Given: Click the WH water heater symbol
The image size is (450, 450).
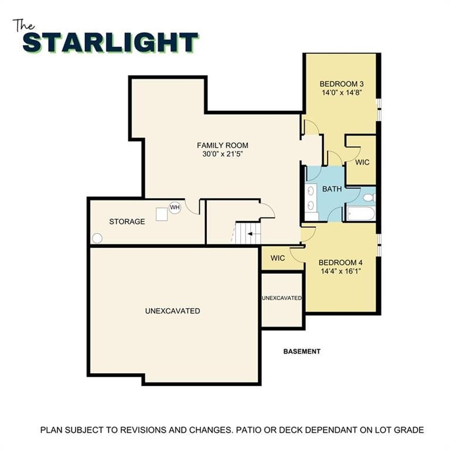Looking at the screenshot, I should [175, 207].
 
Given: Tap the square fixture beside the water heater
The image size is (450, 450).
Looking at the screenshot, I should [162, 214].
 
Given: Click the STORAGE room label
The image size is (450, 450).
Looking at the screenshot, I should [127, 221].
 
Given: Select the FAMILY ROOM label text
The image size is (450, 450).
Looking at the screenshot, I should [222, 145].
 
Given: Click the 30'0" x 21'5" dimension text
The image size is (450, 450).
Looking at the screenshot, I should [222, 154].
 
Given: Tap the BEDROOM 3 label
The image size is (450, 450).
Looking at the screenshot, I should [341, 84].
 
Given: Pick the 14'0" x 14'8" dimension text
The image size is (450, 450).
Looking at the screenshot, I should [341, 93].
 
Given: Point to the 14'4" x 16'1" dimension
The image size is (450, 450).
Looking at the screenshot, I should [340, 271].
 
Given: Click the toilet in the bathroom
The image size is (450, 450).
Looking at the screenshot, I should [369, 197].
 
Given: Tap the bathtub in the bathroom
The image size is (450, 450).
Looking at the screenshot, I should [359, 213].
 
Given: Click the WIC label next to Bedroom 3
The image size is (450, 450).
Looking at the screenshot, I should [362, 162].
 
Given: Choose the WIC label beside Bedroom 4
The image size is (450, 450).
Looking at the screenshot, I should [278, 258].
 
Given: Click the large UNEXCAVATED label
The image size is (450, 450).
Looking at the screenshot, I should [172, 311].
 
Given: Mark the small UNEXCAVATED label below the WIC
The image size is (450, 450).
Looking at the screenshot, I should [282, 298].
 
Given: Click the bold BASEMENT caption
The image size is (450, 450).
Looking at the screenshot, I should [302, 352].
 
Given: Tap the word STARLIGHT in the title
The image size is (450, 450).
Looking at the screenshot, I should [110, 43].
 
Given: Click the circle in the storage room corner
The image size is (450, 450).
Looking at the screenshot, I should [97, 238].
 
